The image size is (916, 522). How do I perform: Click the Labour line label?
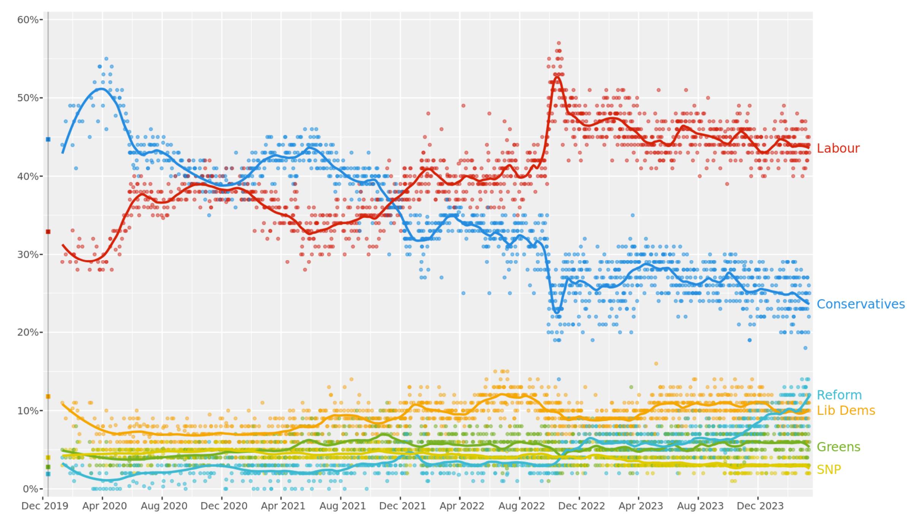click(x=838, y=148)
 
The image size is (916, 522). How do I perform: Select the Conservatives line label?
click(x=860, y=304)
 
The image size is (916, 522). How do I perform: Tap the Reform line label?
click(x=839, y=395)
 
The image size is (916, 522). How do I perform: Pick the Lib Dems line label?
click(x=846, y=410)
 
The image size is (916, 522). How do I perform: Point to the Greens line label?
click(x=838, y=447)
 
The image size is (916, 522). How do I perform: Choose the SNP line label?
click(x=829, y=470)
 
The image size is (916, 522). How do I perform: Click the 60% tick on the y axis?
click(x=28, y=20)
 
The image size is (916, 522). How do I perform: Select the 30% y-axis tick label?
click(x=28, y=255)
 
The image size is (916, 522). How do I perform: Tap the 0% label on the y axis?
click(x=30, y=489)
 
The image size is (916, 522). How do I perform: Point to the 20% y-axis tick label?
click(x=28, y=332)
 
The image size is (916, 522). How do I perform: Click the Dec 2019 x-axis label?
click(x=44, y=506)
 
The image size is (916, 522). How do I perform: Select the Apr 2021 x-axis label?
click(x=283, y=506)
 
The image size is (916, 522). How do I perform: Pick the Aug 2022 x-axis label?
click(x=521, y=506)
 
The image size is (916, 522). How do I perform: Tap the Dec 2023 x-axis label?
click(x=760, y=506)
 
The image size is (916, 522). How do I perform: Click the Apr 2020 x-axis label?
click(x=104, y=506)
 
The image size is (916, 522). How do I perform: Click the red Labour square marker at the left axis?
click(x=48, y=232)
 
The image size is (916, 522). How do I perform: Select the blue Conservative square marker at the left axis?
click(x=48, y=139)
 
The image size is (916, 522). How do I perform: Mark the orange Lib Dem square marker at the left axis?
click(x=48, y=397)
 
